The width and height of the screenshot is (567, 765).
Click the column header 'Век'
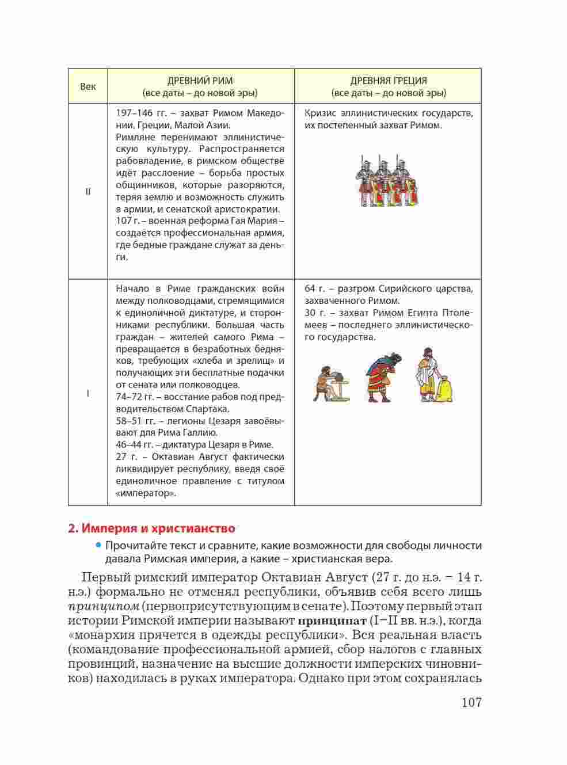point(88,86)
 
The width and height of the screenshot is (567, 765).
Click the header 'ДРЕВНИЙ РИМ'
point(200,81)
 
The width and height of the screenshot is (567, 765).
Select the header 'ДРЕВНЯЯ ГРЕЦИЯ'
point(389,81)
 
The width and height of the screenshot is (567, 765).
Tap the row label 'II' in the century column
point(88,192)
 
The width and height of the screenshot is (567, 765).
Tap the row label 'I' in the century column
point(88,394)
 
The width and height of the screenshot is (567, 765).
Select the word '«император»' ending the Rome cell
point(145,493)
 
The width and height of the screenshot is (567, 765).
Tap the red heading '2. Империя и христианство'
point(151,528)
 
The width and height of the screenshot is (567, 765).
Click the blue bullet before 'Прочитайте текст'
point(98,545)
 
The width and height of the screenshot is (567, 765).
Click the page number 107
point(470,703)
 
